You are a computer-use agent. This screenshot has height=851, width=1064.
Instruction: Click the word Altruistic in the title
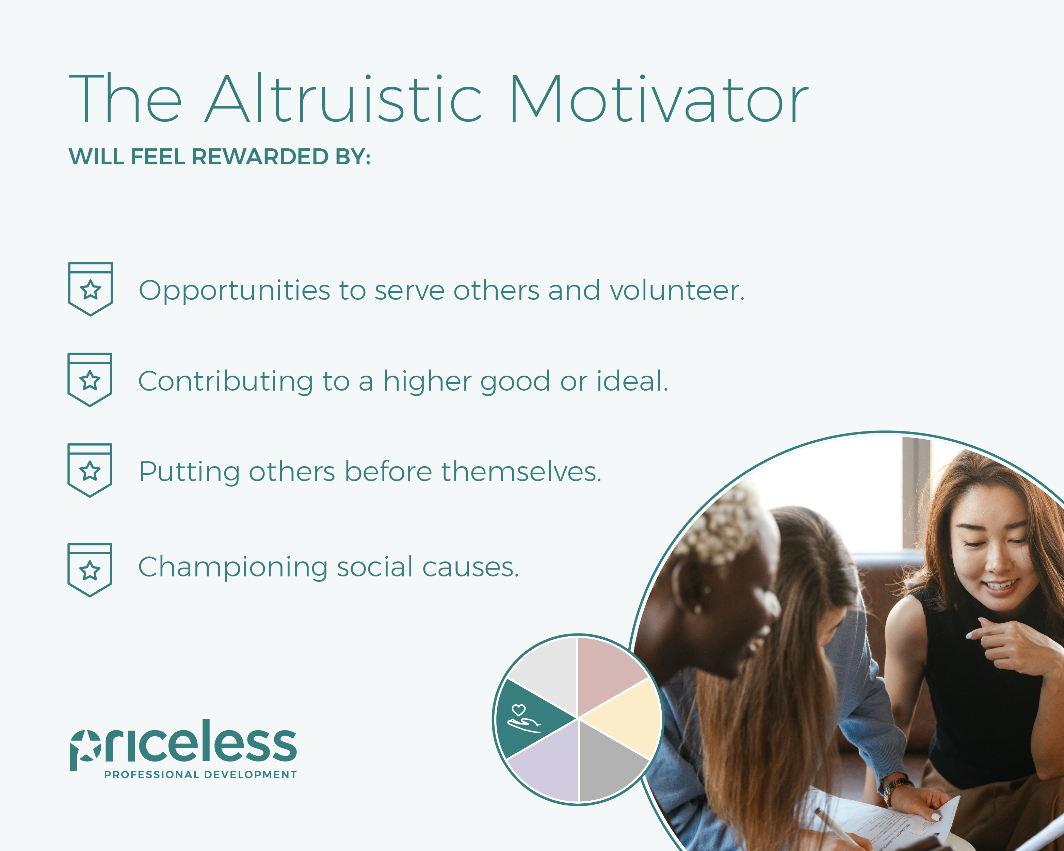[343, 98]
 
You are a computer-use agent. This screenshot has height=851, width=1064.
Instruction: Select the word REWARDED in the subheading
[260, 157]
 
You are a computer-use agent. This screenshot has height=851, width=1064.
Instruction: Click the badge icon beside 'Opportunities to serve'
[90, 289]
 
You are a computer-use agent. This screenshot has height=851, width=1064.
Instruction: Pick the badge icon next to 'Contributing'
[90, 380]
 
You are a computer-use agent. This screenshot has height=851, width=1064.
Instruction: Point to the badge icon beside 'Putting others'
[90, 470]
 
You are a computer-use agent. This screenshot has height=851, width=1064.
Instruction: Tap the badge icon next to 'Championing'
[90, 570]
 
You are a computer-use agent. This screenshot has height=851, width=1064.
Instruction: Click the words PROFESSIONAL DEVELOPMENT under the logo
[200, 774]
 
